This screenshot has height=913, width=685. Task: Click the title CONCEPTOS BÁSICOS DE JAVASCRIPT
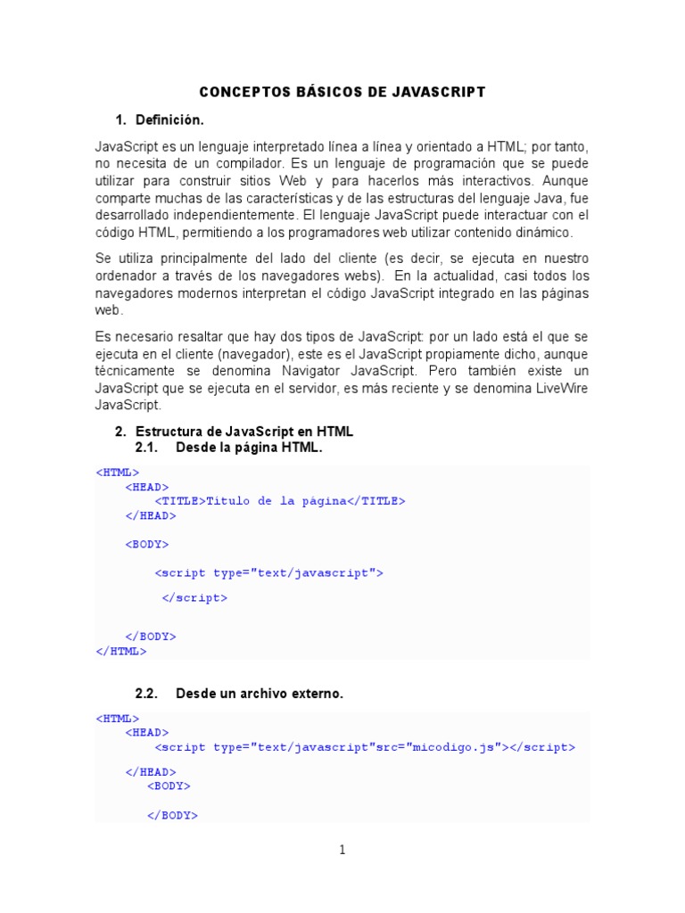342,92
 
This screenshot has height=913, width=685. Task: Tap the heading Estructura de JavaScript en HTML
244,432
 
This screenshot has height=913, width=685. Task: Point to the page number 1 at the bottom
342,850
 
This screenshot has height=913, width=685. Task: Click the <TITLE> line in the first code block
280,501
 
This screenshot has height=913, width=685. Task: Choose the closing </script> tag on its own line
194,598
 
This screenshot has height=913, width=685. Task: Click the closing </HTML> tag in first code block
121,651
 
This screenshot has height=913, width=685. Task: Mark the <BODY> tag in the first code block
147,544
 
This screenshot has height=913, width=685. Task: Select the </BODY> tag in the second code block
172,815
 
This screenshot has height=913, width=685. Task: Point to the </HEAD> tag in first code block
151,515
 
